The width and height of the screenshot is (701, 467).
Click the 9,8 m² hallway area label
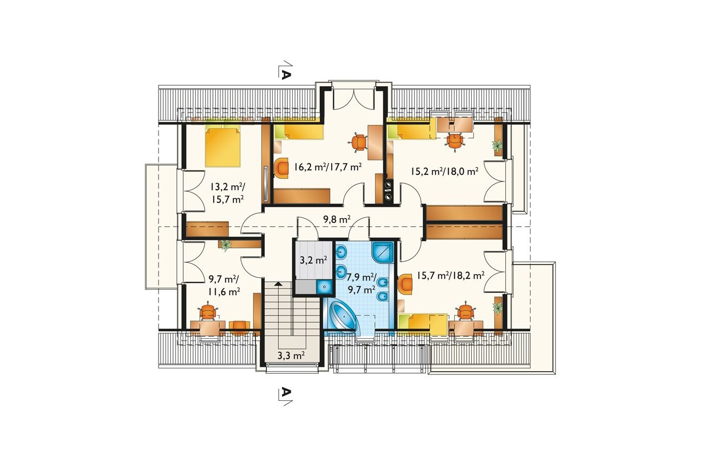pyautogui.click(x=336, y=219)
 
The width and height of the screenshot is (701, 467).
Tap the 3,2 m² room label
pyautogui.click(x=314, y=260)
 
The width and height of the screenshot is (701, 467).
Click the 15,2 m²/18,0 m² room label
pyautogui.click(x=445, y=171)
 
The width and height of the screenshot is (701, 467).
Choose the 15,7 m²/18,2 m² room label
pyautogui.click(x=451, y=275)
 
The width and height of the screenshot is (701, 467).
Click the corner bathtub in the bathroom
pyautogui.click(x=344, y=318)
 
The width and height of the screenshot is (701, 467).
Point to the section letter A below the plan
pyautogui.click(x=286, y=392)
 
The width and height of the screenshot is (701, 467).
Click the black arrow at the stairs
pyautogui.click(x=278, y=284)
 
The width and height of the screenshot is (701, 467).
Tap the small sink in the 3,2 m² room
pyautogui.click(x=324, y=286)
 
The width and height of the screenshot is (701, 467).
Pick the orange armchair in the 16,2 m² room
pyautogui.click(x=281, y=168)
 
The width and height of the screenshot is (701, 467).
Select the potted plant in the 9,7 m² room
pyautogui.click(x=225, y=245)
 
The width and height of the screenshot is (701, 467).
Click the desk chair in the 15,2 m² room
pyautogui.click(x=455, y=141)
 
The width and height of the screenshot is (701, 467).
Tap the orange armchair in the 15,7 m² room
pyautogui.click(x=406, y=284)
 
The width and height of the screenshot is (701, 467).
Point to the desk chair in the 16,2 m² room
pyautogui.click(x=359, y=143)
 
